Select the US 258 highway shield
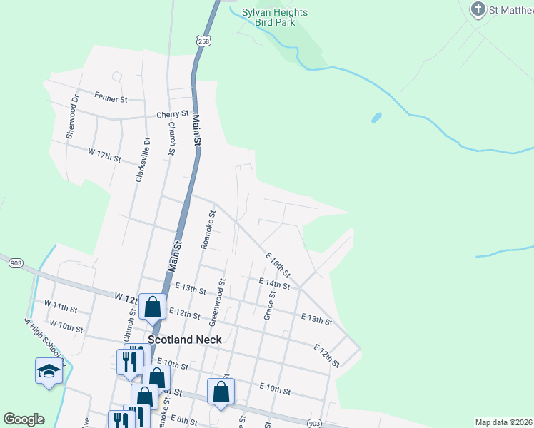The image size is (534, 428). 203,41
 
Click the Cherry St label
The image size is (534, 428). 173,114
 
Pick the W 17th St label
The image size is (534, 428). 104,154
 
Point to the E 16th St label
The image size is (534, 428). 278,265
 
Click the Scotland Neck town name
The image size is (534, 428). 185,340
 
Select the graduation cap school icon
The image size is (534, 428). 49,370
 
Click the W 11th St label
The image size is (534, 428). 60,307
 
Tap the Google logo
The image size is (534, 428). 24,419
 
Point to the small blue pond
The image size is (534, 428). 376,117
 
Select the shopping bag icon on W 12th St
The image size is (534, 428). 153,307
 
